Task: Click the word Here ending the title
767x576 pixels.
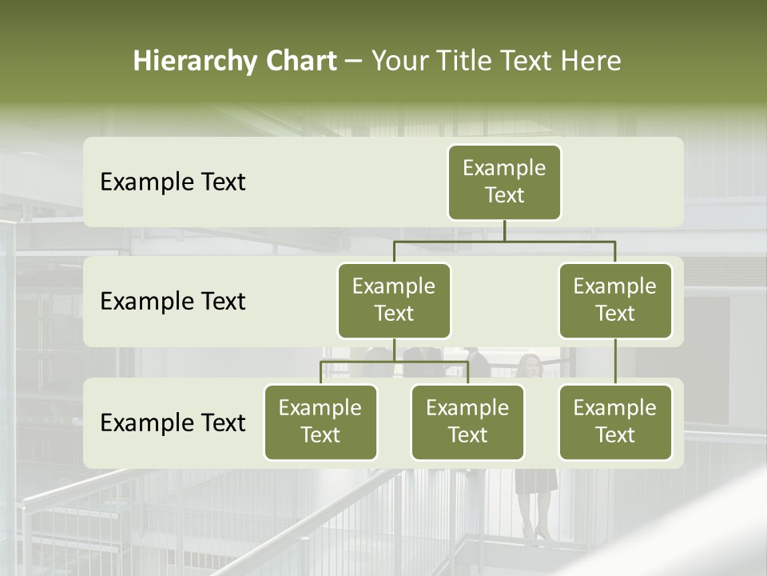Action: click(592, 62)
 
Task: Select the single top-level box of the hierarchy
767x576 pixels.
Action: click(504, 182)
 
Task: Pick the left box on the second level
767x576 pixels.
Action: click(394, 300)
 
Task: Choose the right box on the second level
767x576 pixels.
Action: click(615, 300)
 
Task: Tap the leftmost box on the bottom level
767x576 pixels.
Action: click(320, 422)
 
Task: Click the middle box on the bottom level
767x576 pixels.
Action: click(467, 422)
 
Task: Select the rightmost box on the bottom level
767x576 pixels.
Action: click(615, 422)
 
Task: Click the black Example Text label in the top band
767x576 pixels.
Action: click(173, 182)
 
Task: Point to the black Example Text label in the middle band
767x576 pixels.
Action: click(173, 302)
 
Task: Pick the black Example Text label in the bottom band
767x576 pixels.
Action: click(173, 422)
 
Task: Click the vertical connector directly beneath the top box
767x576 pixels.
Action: click(504, 230)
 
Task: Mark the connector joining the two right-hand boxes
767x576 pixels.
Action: click(615, 362)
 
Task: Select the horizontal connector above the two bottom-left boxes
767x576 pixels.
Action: click(394, 362)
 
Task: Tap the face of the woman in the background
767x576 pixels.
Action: click(529, 366)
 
